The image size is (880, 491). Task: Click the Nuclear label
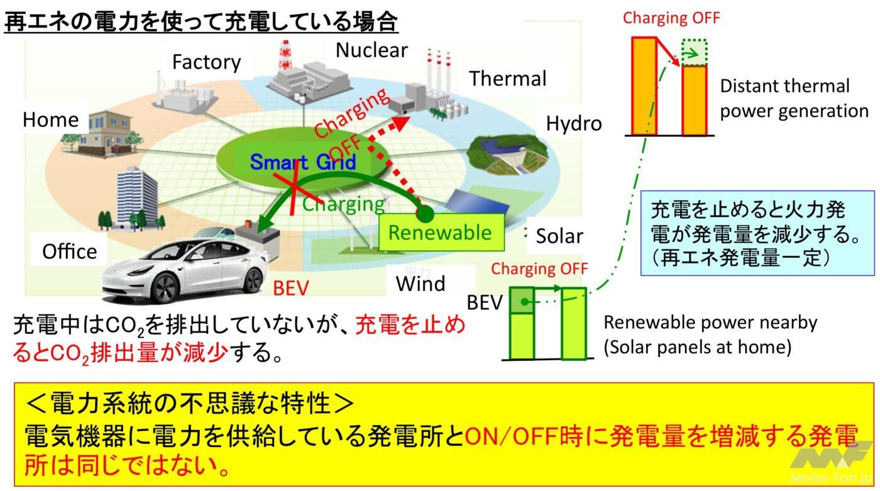click(x=371, y=50)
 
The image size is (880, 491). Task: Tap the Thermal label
click(x=508, y=79)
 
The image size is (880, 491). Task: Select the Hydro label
click(x=573, y=124)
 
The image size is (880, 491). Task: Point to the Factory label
click(x=206, y=62)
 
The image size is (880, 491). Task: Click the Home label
click(x=51, y=120)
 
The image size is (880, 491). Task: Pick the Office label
click(x=70, y=251)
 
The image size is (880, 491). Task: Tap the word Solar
click(x=559, y=236)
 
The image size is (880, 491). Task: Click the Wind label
click(x=421, y=284)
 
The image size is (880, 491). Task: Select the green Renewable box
click(x=441, y=232)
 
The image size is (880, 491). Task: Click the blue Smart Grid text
click(x=303, y=162)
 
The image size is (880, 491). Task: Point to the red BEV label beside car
click(x=290, y=288)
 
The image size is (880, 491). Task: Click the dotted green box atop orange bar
click(x=695, y=52)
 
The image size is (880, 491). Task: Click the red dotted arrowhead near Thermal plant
click(x=401, y=122)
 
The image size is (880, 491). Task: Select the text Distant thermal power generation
click(x=794, y=99)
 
